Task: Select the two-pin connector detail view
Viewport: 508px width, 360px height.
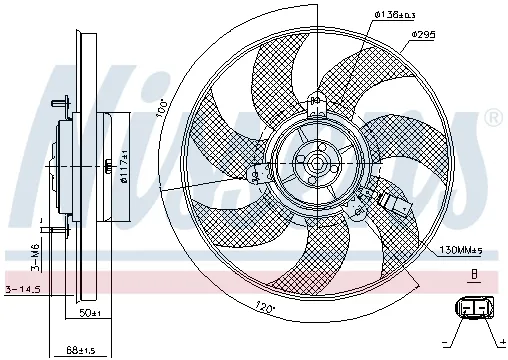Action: tap(474, 308)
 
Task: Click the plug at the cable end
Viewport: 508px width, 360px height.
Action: tap(400, 206)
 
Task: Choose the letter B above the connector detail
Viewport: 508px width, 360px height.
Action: tap(475, 271)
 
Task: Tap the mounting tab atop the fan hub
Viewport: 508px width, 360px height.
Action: tap(316, 100)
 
